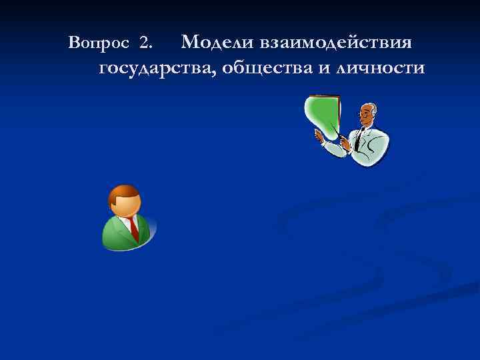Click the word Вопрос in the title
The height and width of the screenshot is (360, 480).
coord(99,44)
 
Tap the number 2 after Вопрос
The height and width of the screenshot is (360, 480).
coord(146,44)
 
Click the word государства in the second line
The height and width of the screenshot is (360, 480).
coord(156,68)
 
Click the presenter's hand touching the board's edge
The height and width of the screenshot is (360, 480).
coord(319,135)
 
